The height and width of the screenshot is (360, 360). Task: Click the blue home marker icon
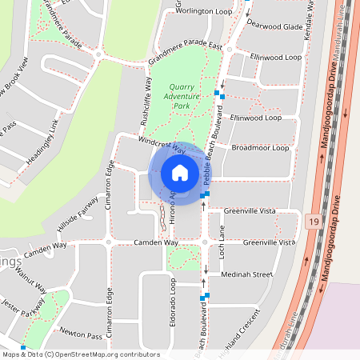(x=180, y=173)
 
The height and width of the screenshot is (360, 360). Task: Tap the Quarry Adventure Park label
(x=182, y=97)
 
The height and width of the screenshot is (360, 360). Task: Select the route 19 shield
(x=313, y=219)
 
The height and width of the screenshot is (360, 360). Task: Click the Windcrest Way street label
(x=162, y=145)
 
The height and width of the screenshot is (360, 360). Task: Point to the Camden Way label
(x=145, y=242)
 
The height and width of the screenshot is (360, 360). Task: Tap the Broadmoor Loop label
(x=260, y=148)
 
